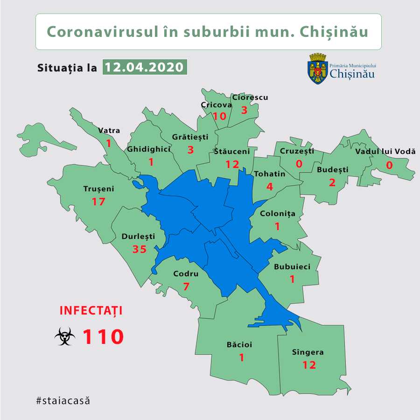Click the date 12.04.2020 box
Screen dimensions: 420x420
pyautogui.click(x=144, y=67)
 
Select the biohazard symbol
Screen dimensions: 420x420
pyautogui.click(x=64, y=336)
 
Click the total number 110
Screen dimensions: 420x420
pyautogui.click(x=103, y=336)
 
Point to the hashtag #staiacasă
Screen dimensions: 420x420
pyautogui.click(x=62, y=400)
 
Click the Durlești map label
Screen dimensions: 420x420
pyautogui.click(x=138, y=236)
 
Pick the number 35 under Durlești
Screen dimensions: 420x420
pyautogui.click(x=139, y=249)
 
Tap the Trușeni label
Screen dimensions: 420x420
pyautogui.click(x=98, y=189)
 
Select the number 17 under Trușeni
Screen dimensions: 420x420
pyautogui.click(x=98, y=202)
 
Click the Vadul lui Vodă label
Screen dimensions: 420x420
pyautogui.click(x=385, y=152)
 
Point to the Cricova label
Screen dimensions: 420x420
pyautogui.click(x=216, y=105)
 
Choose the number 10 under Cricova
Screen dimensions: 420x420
pyautogui.click(x=219, y=116)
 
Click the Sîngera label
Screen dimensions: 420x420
pyautogui.click(x=307, y=352)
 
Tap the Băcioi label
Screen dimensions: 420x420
pyautogui.click(x=239, y=345)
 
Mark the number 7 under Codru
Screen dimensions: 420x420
pyautogui.click(x=186, y=286)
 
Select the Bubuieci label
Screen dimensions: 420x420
pyautogui.click(x=292, y=267)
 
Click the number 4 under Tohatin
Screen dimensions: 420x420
pyautogui.click(x=269, y=187)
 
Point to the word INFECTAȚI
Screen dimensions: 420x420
pyautogui.click(x=91, y=310)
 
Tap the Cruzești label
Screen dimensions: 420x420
pyautogui.click(x=297, y=151)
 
